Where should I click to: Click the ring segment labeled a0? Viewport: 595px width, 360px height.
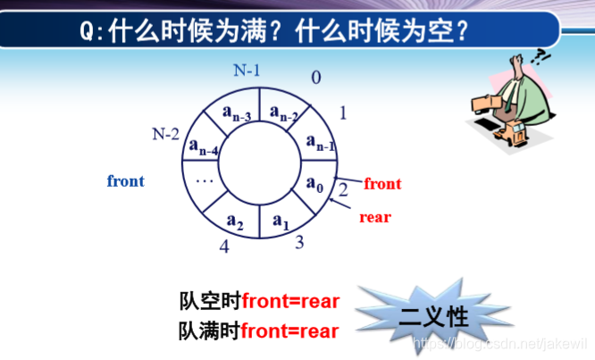[313, 185]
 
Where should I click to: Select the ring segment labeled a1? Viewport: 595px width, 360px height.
[281, 219]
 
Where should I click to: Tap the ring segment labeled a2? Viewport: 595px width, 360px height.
[235, 219]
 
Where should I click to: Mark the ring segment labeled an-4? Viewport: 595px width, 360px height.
[205, 147]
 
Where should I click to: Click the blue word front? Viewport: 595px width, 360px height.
[126, 181]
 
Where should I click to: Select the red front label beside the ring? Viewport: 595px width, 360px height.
[382, 184]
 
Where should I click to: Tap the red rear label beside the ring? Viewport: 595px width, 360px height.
[375, 216]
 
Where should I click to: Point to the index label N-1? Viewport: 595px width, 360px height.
[248, 69]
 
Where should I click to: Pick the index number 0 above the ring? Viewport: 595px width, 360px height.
[315, 77]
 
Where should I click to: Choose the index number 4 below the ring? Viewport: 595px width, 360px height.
[224, 247]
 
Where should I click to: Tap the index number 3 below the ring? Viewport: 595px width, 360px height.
[300, 241]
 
